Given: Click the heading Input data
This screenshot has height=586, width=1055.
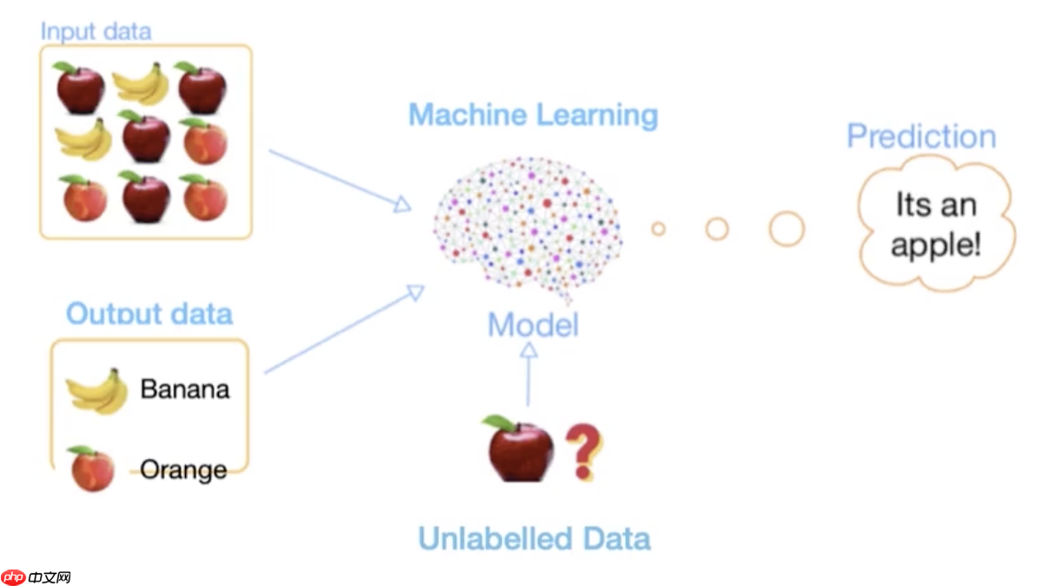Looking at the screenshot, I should click(x=96, y=31).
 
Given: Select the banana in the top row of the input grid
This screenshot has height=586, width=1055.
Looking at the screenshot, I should click(x=140, y=84).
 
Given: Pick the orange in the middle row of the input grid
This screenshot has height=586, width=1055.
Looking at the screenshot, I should click(x=205, y=142).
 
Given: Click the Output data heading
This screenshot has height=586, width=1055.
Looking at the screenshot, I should click(x=149, y=313).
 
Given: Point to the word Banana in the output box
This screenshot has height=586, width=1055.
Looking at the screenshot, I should click(x=185, y=388).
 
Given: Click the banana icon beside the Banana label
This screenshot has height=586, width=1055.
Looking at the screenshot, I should click(x=97, y=391).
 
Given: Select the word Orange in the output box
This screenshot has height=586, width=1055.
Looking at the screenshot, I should click(x=183, y=469).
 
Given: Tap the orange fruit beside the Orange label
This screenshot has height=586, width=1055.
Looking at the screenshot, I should click(x=92, y=469).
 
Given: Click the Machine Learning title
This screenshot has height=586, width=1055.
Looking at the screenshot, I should click(x=533, y=115).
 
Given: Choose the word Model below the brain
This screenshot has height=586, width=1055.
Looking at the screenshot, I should click(x=533, y=325).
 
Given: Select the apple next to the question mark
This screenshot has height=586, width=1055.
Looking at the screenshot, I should click(x=518, y=449).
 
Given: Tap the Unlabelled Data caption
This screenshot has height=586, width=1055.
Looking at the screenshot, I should click(x=534, y=538).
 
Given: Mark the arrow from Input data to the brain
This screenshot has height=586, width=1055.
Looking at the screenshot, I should click(x=339, y=179).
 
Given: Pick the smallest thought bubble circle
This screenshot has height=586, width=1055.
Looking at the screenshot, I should click(x=658, y=229).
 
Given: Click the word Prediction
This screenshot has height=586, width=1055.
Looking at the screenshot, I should click(x=921, y=137).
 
